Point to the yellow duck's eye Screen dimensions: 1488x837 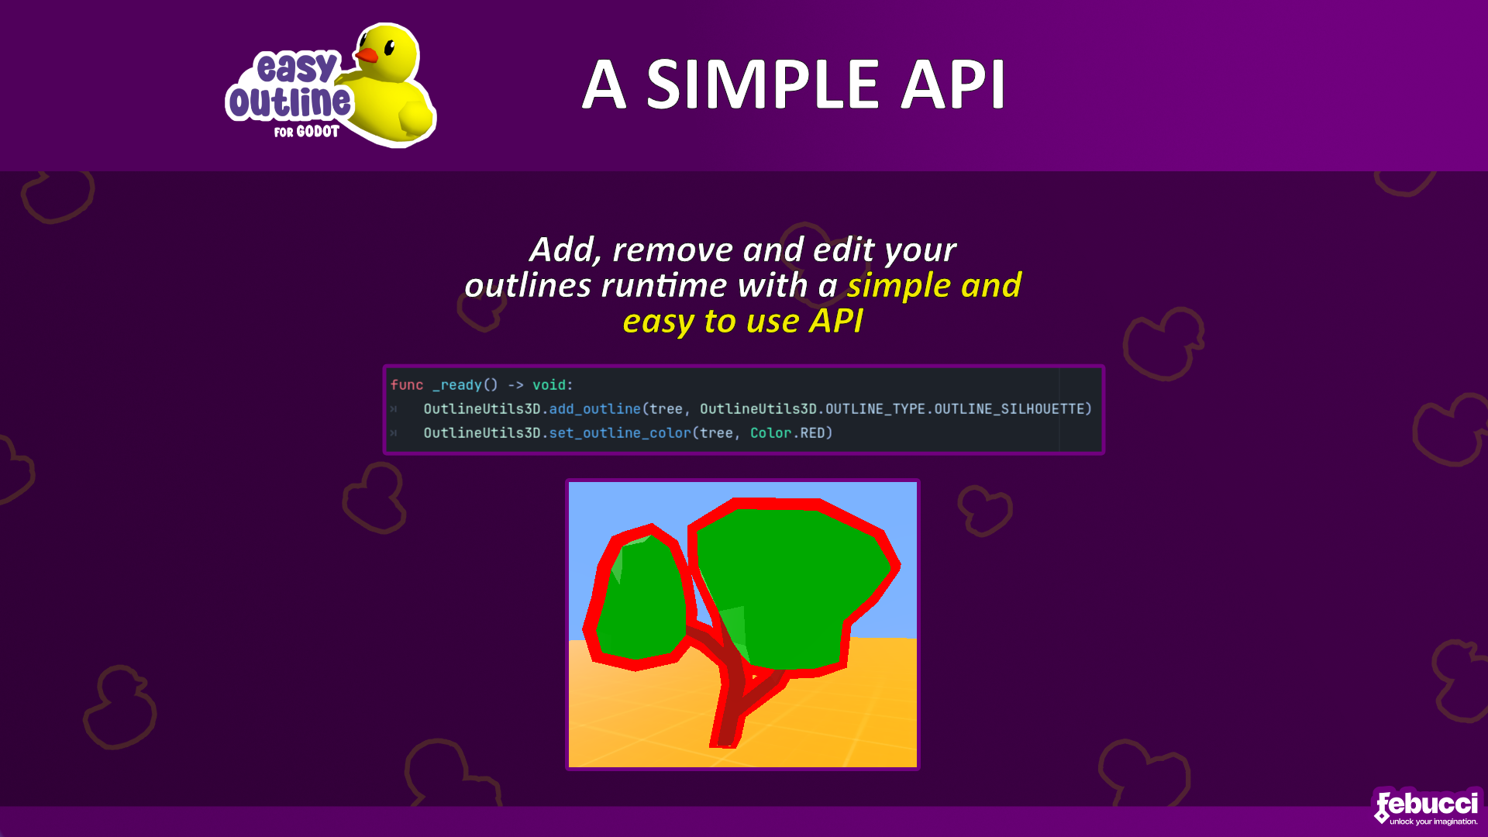coord(390,47)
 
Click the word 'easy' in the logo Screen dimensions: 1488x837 coord(297,67)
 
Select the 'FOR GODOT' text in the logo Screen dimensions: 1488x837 coord(307,132)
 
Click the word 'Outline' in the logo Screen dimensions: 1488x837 coord(289,102)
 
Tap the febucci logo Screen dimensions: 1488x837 coord(1427,807)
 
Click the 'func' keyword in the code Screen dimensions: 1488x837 coord(407,385)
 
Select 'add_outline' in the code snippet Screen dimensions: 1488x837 coord(595,409)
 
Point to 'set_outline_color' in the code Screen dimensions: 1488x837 coord(620,433)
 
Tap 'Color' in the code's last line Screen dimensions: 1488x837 coord(770,433)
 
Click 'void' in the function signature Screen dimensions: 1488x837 coord(549,385)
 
